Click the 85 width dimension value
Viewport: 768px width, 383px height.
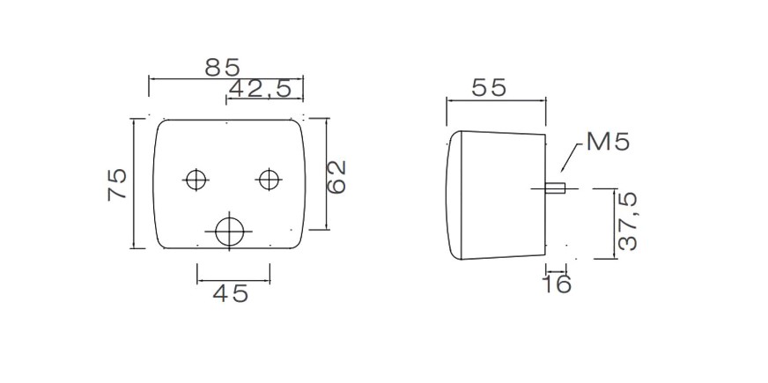coord(222,68)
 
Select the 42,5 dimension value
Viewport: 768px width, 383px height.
coord(260,89)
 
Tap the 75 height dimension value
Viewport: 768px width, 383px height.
coord(117,184)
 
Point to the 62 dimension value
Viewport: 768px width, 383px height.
coord(336,177)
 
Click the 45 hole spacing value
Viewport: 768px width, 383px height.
coord(231,293)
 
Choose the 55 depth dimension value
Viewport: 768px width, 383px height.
coord(489,88)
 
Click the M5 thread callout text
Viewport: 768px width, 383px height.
coord(608,142)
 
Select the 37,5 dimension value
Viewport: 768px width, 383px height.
coord(627,221)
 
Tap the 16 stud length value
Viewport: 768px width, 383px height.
coord(557,284)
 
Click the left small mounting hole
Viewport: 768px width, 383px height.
coord(196,180)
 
